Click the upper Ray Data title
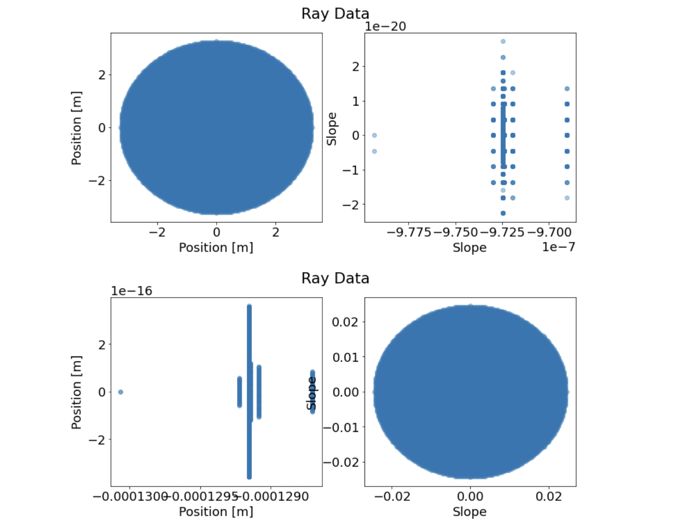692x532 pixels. point(335,13)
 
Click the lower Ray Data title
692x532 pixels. point(335,278)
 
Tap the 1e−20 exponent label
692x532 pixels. point(385,26)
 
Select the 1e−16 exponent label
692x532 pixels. point(131,291)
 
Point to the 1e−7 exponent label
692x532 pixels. point(558,247)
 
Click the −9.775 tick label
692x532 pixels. point(409,232)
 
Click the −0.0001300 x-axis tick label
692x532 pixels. point(130,497)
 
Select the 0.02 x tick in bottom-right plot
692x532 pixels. point(549,497)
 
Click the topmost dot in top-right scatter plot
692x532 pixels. point(503,42)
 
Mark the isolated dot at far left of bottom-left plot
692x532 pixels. point(121,392)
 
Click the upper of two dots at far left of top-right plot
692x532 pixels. point(374,135)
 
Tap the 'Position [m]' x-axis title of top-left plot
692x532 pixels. point(216,247)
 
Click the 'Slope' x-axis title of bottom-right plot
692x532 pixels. point(469,512)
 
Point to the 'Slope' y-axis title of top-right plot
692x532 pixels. point(332,129)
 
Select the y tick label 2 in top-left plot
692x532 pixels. point(102,75)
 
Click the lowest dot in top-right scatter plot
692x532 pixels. point(503,213)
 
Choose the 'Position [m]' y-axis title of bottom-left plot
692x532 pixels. point(77,392)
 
